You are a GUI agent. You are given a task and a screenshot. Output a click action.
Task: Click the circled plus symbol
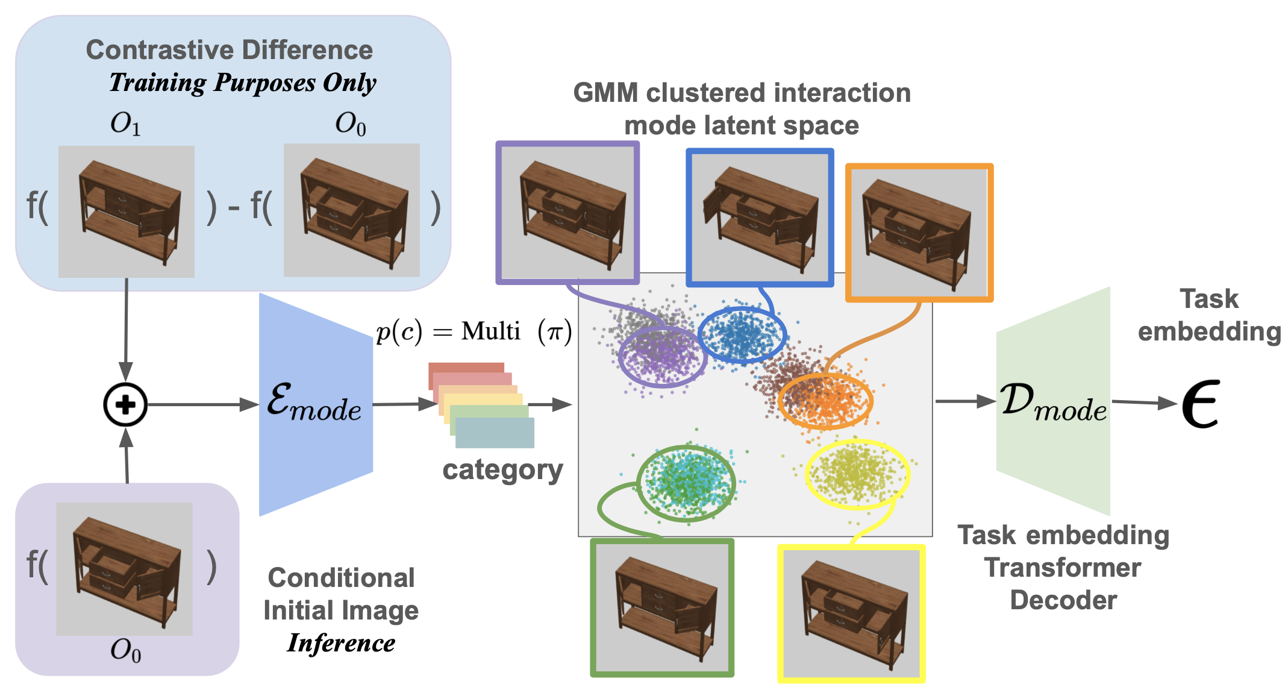[125, 404]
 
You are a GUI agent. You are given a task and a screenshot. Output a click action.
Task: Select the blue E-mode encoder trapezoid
[316, 404]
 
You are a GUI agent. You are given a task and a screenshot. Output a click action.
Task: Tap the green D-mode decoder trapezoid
[1053, 401]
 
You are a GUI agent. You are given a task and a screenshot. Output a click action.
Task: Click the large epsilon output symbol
[1201, 404]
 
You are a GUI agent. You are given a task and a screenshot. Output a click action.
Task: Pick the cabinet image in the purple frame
[567, 213]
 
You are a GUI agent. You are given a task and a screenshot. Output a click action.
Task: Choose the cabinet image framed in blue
[760, 218]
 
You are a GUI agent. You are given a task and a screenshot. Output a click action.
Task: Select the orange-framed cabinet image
[919, 233]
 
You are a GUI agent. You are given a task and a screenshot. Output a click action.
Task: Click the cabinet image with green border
[662, 607]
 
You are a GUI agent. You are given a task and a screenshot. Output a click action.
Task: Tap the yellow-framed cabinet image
[851, 613]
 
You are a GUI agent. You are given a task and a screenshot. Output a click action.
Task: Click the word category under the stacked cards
[502, 471]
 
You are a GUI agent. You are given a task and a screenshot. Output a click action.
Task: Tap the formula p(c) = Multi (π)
[474, 331]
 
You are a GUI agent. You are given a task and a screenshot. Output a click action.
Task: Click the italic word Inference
[341, 643]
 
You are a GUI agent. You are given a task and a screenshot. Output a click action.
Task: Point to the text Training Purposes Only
[243, 83]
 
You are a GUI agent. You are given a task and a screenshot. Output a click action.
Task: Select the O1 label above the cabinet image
[125, 124]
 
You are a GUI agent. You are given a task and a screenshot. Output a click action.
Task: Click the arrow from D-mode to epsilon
[1144, 403]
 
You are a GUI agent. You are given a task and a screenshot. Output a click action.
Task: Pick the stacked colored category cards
[481, 405]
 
